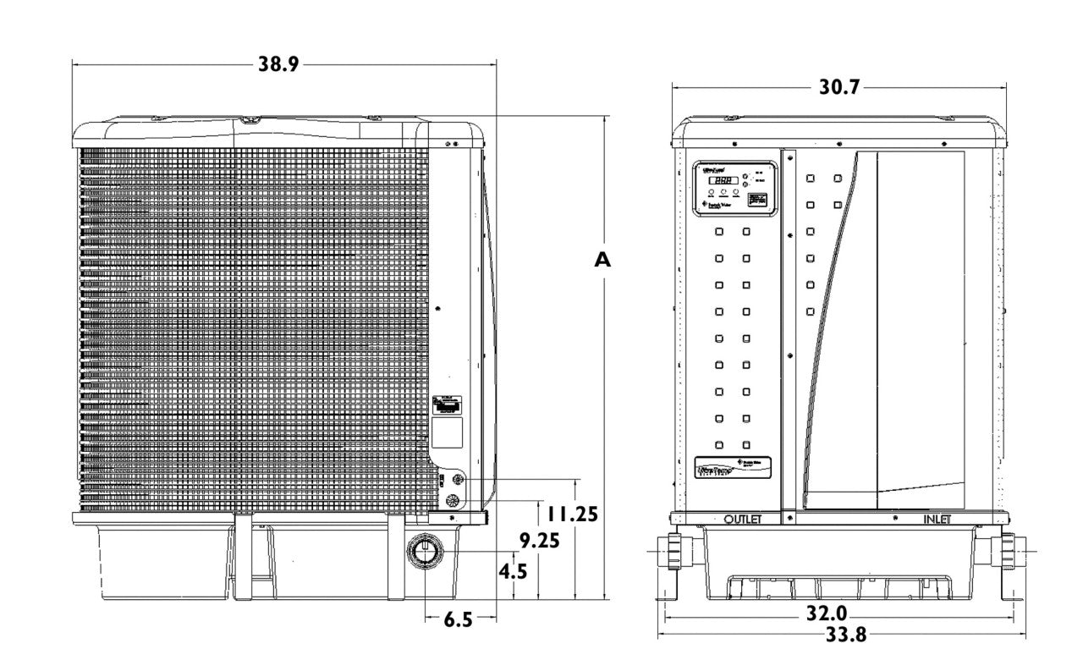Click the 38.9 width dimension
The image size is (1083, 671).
pos(278,64)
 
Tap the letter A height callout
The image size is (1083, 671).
pos(602,261)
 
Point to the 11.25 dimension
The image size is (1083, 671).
pos(572,514)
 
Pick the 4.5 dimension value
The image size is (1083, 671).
pos(513,571)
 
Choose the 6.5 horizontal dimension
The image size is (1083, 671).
pos(458,620)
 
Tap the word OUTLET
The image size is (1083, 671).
pos(744,518)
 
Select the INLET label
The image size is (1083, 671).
pos(937,518)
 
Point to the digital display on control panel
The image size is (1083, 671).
pos(721,180)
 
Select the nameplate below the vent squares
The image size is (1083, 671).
pos(733,465)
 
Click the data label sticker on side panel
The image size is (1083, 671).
pos(448,405)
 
